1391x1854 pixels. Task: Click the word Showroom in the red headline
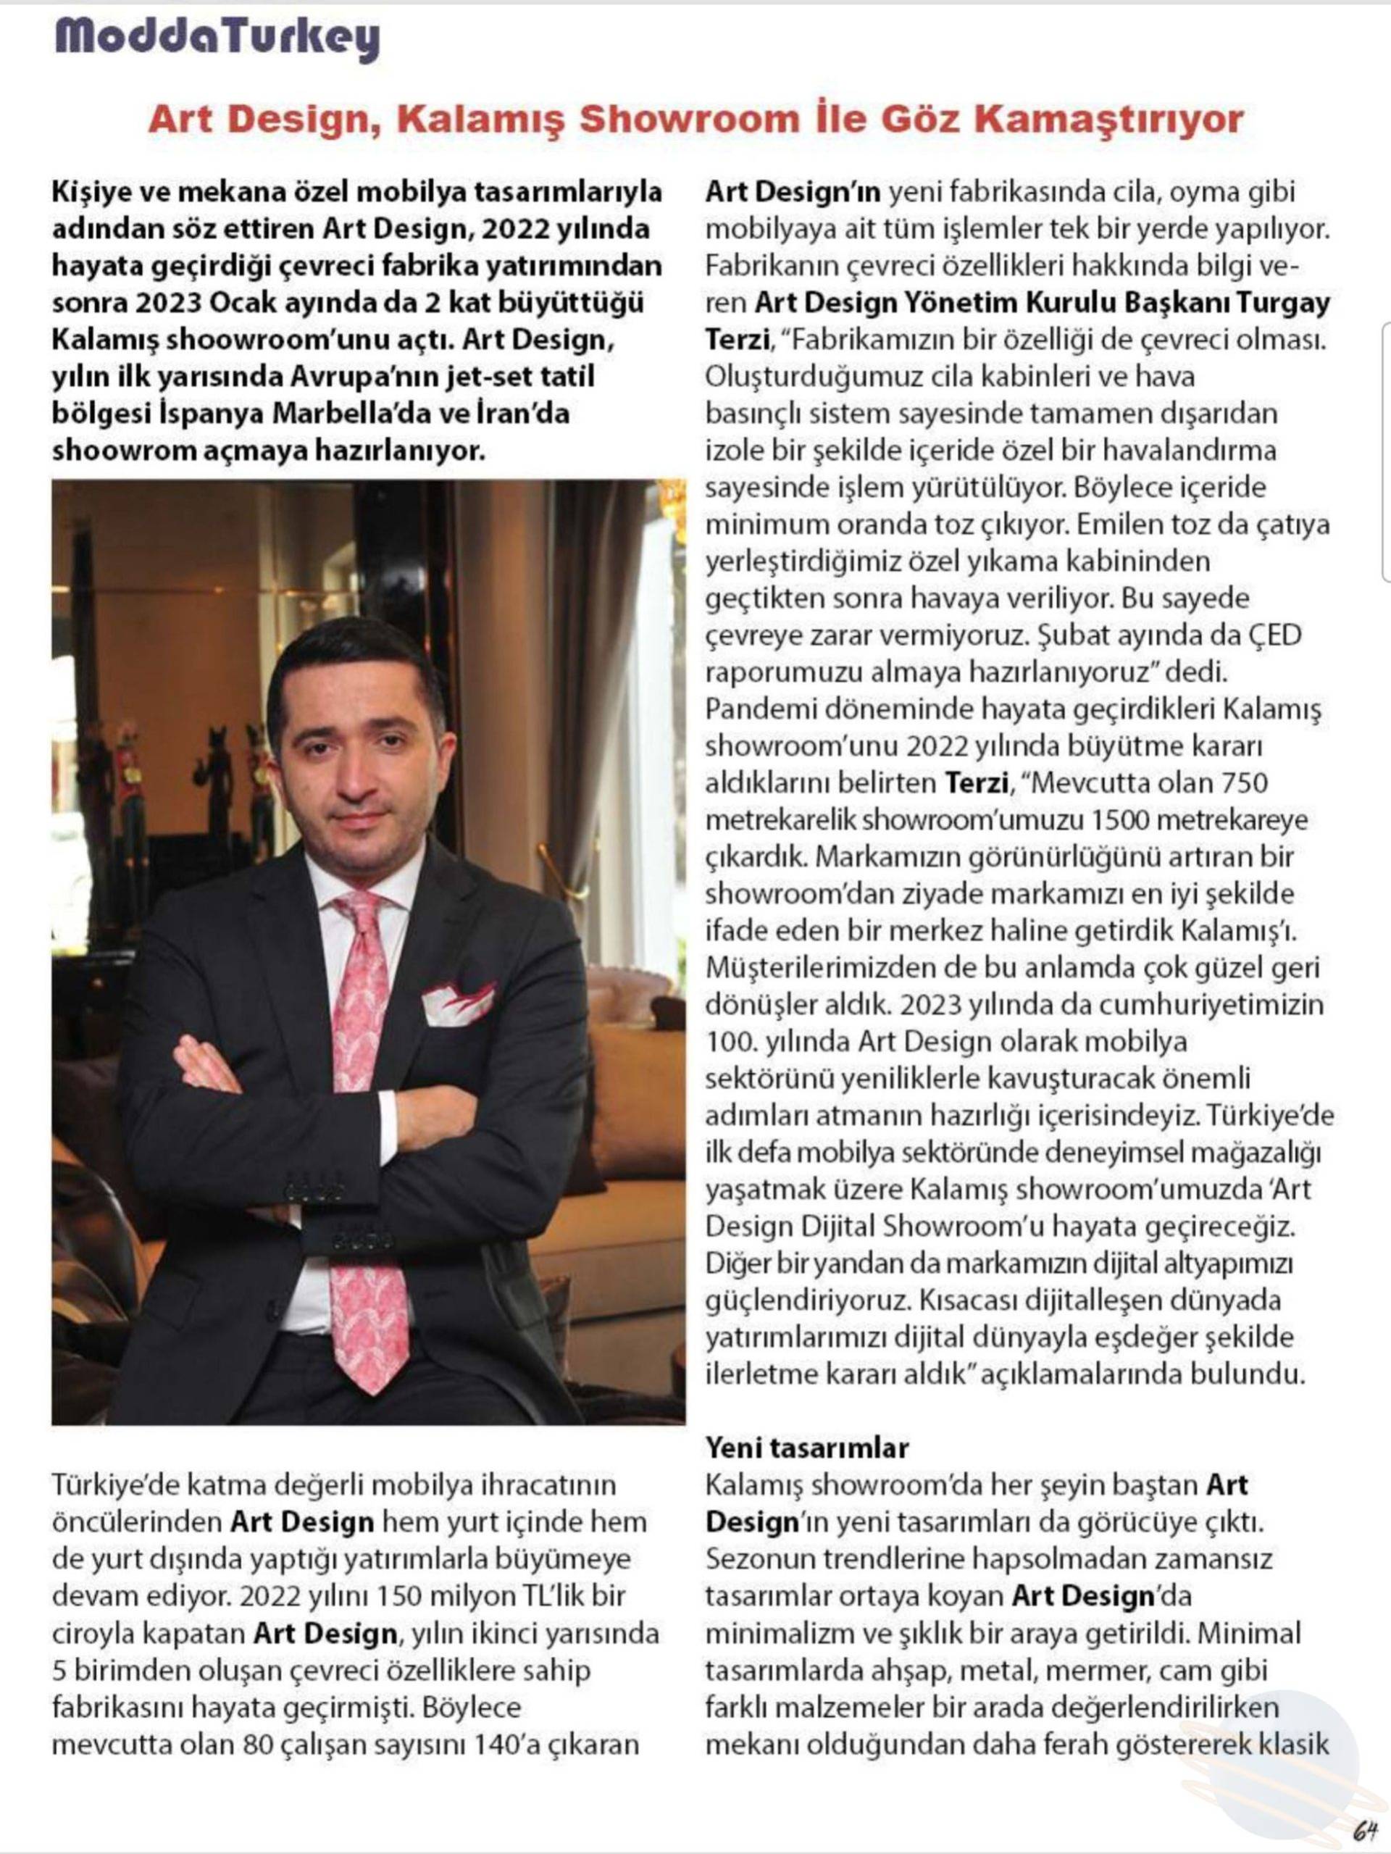(689, 119)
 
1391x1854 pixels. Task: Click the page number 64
(1366, 1827)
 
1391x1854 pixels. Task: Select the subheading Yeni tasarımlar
(806, 1448)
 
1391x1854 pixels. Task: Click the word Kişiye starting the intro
(94, 192)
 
